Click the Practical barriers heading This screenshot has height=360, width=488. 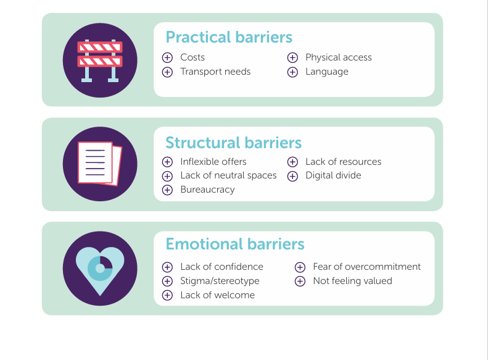click(229, 38)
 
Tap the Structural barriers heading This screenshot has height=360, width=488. click(233, 143)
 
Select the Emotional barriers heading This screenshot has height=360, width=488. click(235, 244)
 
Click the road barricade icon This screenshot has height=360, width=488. click(100, 61)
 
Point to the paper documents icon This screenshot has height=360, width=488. click(100, 164)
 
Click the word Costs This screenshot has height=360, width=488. click(192, 57)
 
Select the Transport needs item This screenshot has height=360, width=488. click(215, 72)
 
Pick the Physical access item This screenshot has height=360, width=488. click(339, 57)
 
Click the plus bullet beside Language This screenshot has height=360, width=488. click(292, 72)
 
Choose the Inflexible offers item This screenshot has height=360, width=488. click(213, 162)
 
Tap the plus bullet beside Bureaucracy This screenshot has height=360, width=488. click(167, 190)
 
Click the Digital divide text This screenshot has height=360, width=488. click(333, 175)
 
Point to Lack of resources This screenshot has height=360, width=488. click(343, 162)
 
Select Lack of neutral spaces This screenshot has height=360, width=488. click(228, 175)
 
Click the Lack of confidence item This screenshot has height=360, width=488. click(221, 267)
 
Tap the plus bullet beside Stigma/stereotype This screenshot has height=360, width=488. click(167, 281)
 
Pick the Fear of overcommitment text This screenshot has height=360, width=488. click(367, 267)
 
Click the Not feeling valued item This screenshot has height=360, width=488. click(353, 281)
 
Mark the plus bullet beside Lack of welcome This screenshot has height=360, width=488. click(167, 295)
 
